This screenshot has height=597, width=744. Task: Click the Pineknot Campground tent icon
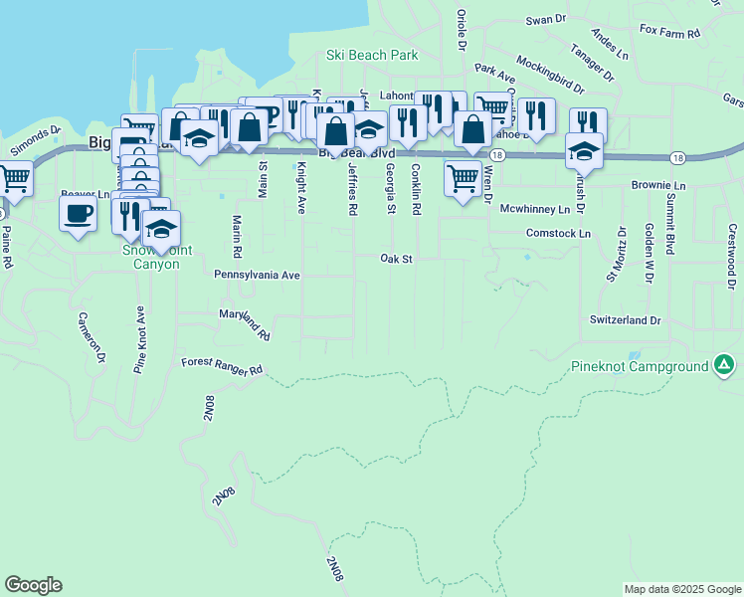725,366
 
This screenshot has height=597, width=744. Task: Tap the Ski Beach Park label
372,56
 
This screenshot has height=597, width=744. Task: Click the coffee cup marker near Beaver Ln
79,212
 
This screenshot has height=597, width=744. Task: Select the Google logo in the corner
33,585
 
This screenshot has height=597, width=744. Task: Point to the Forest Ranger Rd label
221,366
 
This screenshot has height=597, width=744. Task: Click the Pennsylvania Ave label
256,274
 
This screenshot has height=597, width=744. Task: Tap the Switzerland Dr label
625,320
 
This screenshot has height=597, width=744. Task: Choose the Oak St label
396,259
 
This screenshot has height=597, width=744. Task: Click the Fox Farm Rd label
670,32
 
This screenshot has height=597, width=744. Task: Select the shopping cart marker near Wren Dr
464,179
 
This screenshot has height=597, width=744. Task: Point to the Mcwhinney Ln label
534,209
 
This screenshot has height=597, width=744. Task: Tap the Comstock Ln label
558,233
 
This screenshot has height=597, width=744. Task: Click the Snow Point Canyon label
151,258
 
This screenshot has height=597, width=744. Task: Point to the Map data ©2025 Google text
681,589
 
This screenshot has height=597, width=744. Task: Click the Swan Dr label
545,19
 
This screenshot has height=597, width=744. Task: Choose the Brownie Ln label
658,186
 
